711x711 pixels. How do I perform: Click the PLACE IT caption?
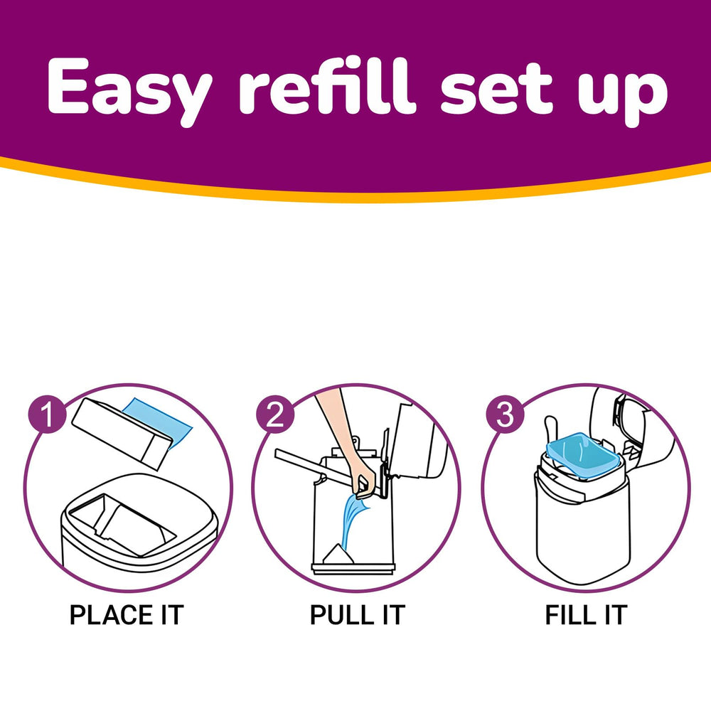point(127,614)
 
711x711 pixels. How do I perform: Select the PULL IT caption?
point(357,614)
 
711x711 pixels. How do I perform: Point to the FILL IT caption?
point(586,614)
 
